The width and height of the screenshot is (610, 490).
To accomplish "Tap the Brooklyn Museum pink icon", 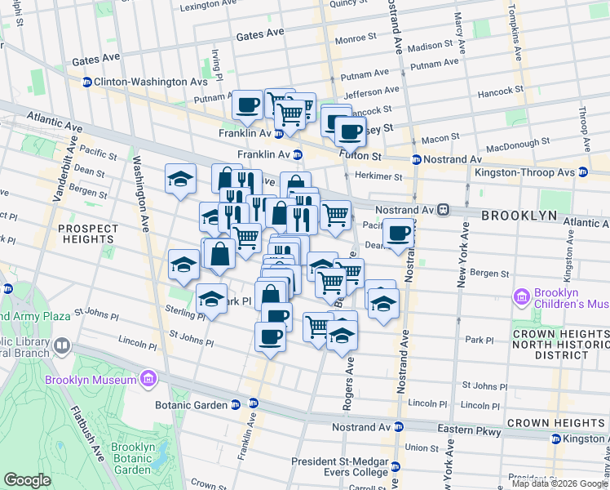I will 148,379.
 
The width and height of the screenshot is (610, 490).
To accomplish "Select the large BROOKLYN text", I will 519,216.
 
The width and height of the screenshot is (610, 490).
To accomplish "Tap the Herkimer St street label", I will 377,176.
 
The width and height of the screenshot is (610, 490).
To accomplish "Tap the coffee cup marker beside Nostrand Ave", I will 398,234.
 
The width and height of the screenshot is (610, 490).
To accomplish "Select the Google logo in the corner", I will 28,480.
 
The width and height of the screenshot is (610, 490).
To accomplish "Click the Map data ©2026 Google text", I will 559,483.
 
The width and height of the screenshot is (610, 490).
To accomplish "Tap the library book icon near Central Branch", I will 62,346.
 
